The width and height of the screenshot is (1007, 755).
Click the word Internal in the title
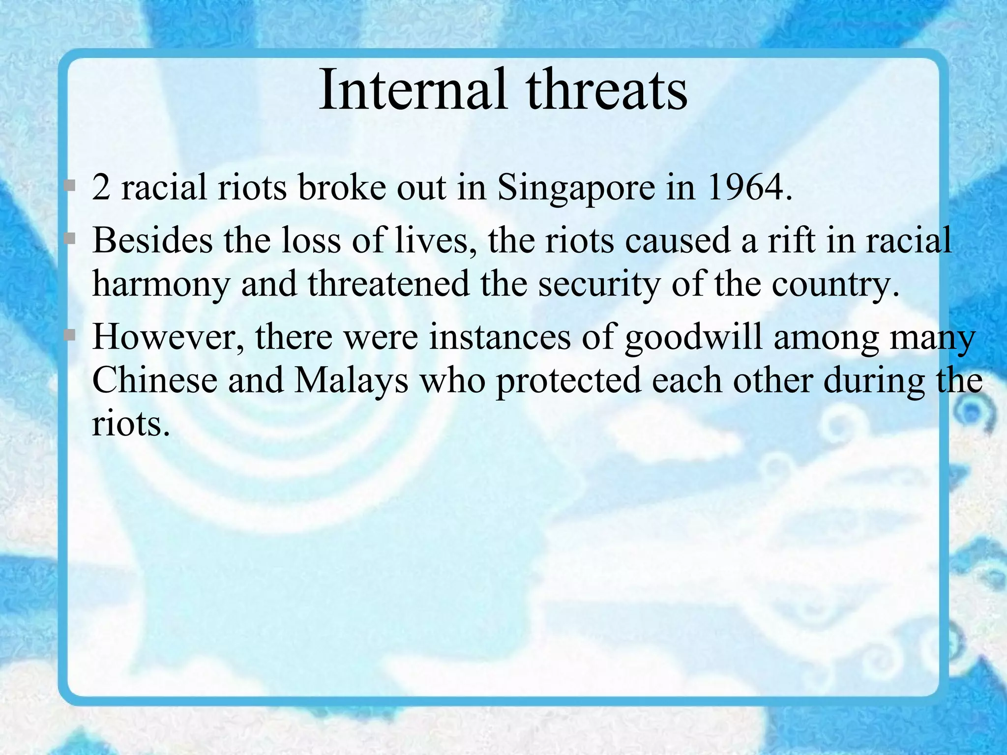[412, 89]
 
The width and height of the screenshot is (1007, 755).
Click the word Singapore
[576, 189]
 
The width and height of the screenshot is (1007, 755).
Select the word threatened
[388, 284]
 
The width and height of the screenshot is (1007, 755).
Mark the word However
[167, 338]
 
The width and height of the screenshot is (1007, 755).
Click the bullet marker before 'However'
[70, 335]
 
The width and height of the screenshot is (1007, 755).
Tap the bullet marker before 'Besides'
[70, 239]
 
